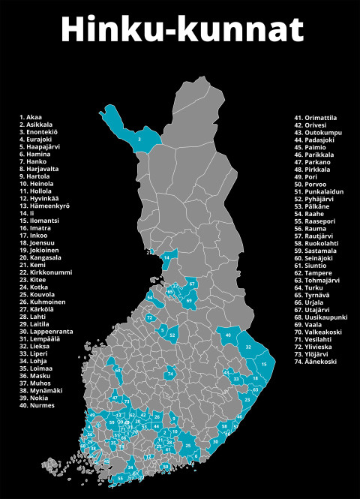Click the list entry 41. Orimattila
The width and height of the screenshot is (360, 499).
315,118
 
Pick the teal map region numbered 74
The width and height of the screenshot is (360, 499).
172,373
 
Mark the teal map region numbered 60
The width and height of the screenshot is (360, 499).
118,370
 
